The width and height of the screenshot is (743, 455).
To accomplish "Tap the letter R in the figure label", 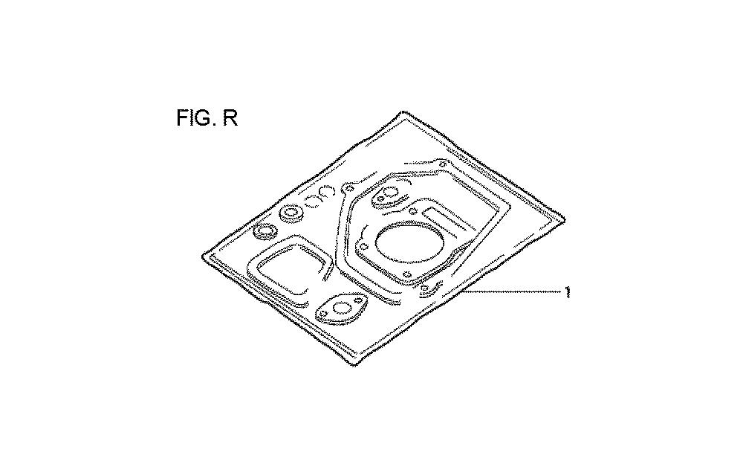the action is (230, 117).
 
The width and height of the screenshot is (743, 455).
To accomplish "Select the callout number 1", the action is (567, 292).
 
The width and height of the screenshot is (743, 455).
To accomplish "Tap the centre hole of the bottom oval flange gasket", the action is (341, 308).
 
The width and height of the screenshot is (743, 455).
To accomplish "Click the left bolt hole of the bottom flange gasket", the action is (323, 314).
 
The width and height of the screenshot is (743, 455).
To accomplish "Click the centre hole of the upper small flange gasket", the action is (391, 193).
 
